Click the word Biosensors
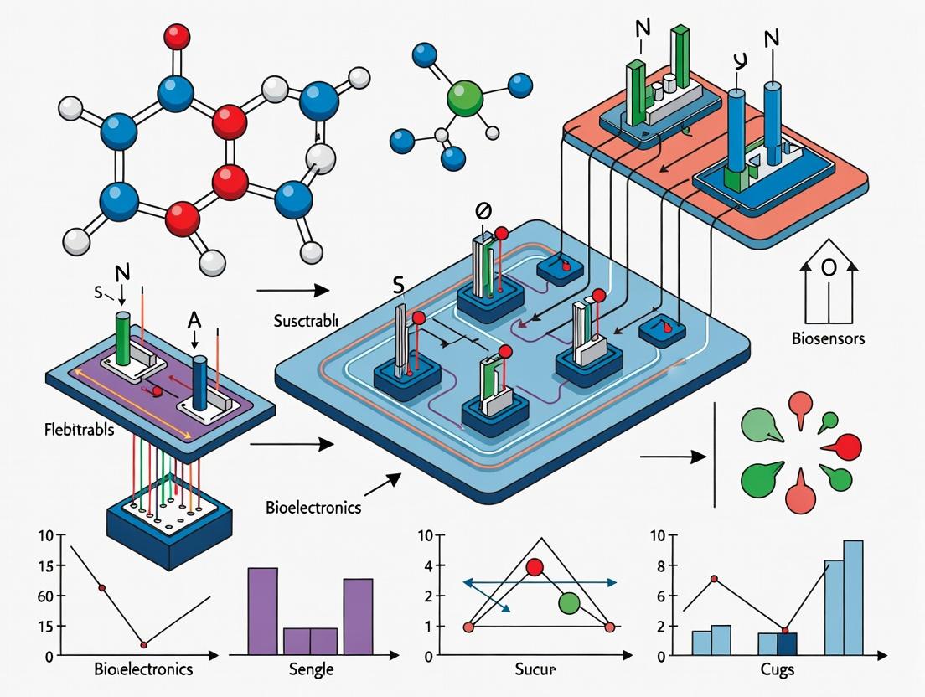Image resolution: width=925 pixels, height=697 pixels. [x=829, y=339]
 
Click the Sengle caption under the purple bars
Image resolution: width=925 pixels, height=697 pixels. [x=310, y=669]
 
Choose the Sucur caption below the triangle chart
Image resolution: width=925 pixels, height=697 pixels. [x=535, y=670]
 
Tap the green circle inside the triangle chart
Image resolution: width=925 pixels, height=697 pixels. [x=569, y=602]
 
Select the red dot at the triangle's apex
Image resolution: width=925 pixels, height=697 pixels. [x=535, y=567]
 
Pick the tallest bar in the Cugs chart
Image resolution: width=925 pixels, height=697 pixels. [x=853, y=596]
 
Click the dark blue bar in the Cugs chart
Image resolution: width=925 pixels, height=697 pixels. [x=787, y=643]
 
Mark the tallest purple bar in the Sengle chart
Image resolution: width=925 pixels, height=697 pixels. [x=263, y=611]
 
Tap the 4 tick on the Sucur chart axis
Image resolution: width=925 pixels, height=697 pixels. [x=428, y=566]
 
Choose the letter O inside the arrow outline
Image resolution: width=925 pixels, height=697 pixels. [x=829, y=269]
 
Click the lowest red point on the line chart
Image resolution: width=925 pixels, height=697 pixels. [x=144, y=644]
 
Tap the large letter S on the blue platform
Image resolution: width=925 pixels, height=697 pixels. [x=398, y=287]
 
